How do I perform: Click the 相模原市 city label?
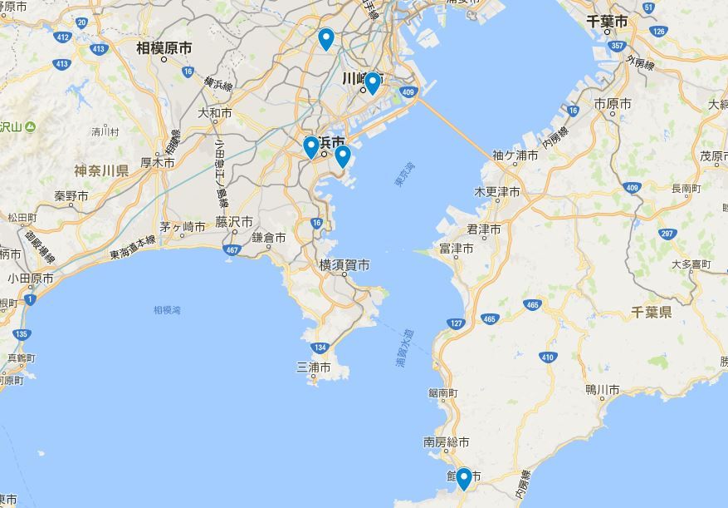164,49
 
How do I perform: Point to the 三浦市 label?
314,367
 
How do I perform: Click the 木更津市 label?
496,192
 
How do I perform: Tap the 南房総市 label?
446,442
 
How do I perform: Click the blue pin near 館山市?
463,478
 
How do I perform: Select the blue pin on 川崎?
373,82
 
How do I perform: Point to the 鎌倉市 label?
269,237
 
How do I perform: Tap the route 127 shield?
455,323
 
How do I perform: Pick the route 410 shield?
547,358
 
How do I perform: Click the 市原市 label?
613,104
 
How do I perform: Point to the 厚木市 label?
157,163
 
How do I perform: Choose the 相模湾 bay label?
167,310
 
